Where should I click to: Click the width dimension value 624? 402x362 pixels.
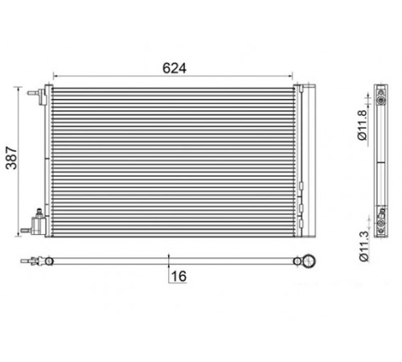click(174, 68)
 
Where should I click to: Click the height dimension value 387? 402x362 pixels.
click(11, 158)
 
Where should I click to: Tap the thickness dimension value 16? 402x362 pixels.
click(178, 277)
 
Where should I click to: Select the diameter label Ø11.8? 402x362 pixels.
click(362, 125)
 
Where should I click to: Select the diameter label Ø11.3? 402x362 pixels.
click(363, 246)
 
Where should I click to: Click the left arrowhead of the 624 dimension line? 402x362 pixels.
click(55, 76)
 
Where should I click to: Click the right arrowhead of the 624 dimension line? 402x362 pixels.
click(290, 76)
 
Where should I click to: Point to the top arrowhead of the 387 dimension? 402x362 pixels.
click(18, 89)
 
